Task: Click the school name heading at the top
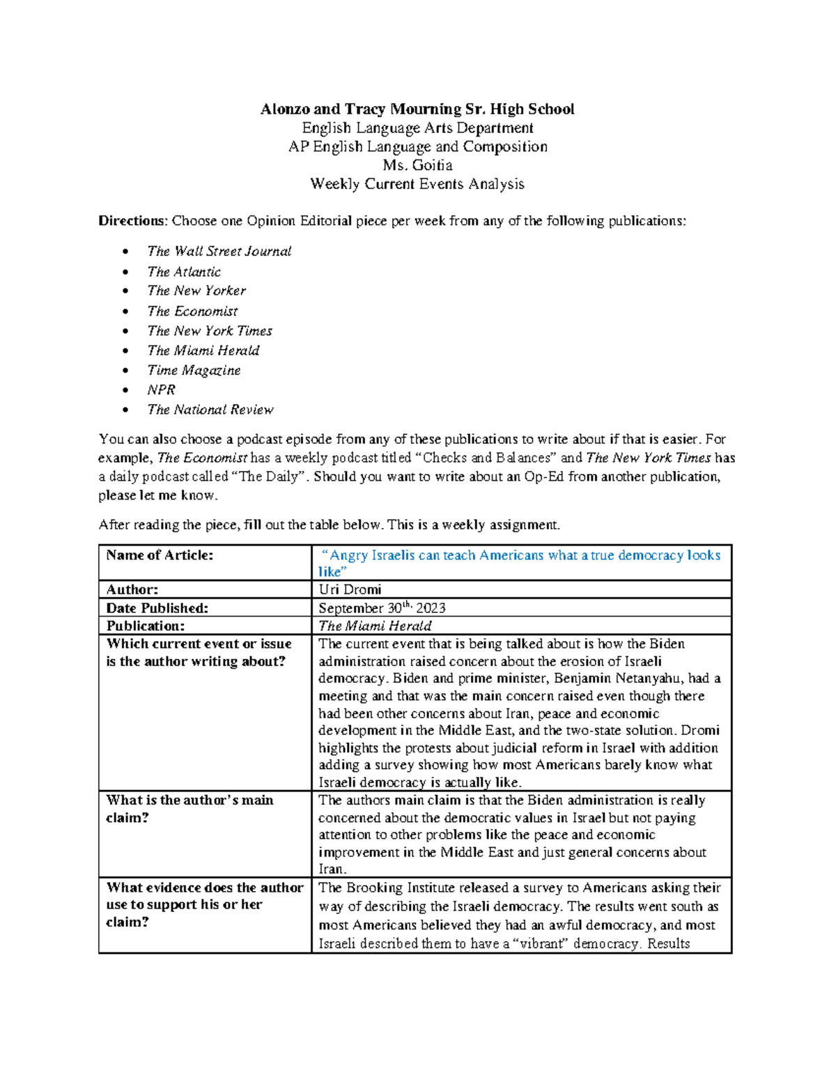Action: point(417,109)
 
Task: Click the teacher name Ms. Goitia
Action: point(417,166)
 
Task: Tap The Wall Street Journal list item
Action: point(219,252)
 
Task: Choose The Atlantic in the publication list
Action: point(184,272)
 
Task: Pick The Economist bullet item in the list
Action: point(192,311)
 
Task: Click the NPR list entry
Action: point(161,390)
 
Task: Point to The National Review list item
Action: point(210,410)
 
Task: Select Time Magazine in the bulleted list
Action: point(194,371)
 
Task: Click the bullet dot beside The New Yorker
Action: point(125,291)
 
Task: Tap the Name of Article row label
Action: point(160,555)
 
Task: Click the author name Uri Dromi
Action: point(350,589)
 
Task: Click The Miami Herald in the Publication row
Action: point(375,626)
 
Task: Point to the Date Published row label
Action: point(157,608)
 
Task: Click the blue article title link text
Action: point(519,556)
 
